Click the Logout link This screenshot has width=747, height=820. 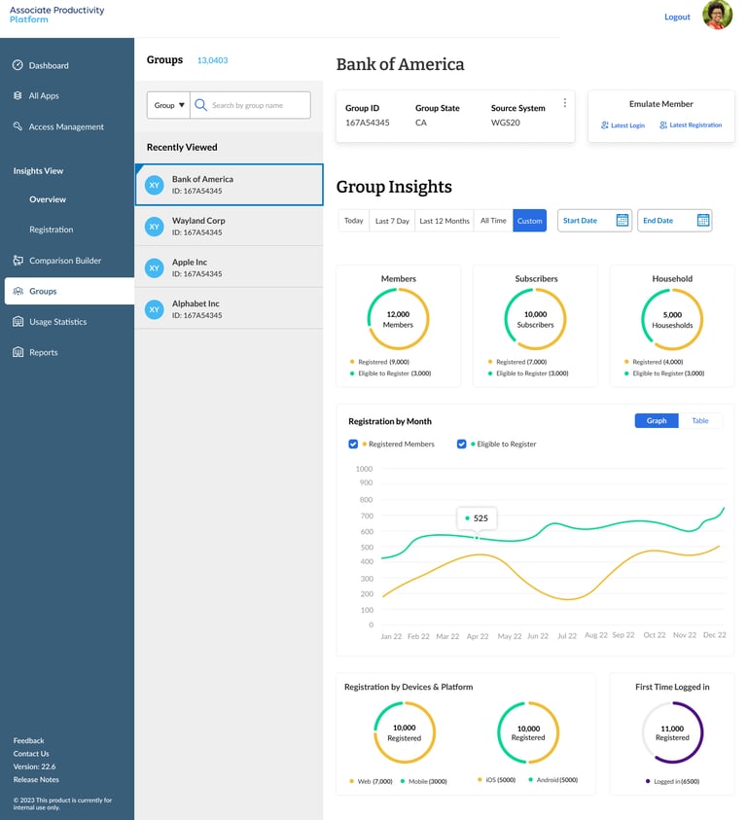677,17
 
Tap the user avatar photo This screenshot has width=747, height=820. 717,15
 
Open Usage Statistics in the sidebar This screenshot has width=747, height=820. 57,322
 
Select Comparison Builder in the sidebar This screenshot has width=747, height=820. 64,261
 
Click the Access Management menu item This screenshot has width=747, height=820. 65,126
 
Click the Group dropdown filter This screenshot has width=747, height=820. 168,105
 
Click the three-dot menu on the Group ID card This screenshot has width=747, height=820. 564,103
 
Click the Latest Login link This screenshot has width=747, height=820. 622,125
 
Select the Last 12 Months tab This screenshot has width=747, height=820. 444,221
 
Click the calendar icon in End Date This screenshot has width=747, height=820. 703,221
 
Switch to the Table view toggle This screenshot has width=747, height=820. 700,421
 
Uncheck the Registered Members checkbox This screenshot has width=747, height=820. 353,444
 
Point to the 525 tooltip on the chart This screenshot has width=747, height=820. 478,518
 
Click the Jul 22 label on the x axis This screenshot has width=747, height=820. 566,635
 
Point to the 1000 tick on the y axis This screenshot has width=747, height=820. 364,469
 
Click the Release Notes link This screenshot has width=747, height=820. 36,779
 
